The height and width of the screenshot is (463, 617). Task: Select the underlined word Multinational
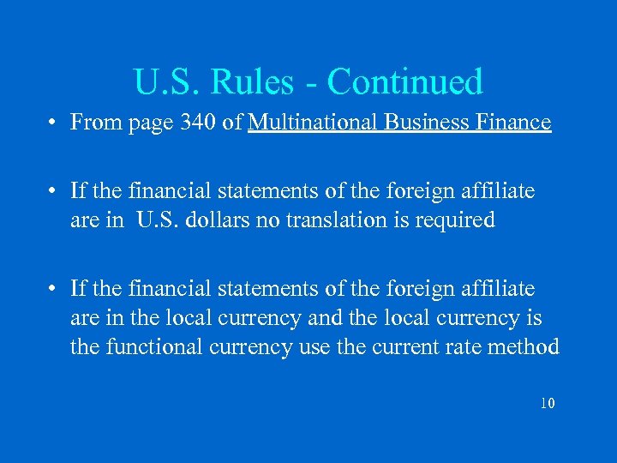[314, 123]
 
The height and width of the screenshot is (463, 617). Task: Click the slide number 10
[548, 403]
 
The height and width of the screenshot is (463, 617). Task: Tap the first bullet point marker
[54, 123]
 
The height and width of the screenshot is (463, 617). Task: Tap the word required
[456, 220]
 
